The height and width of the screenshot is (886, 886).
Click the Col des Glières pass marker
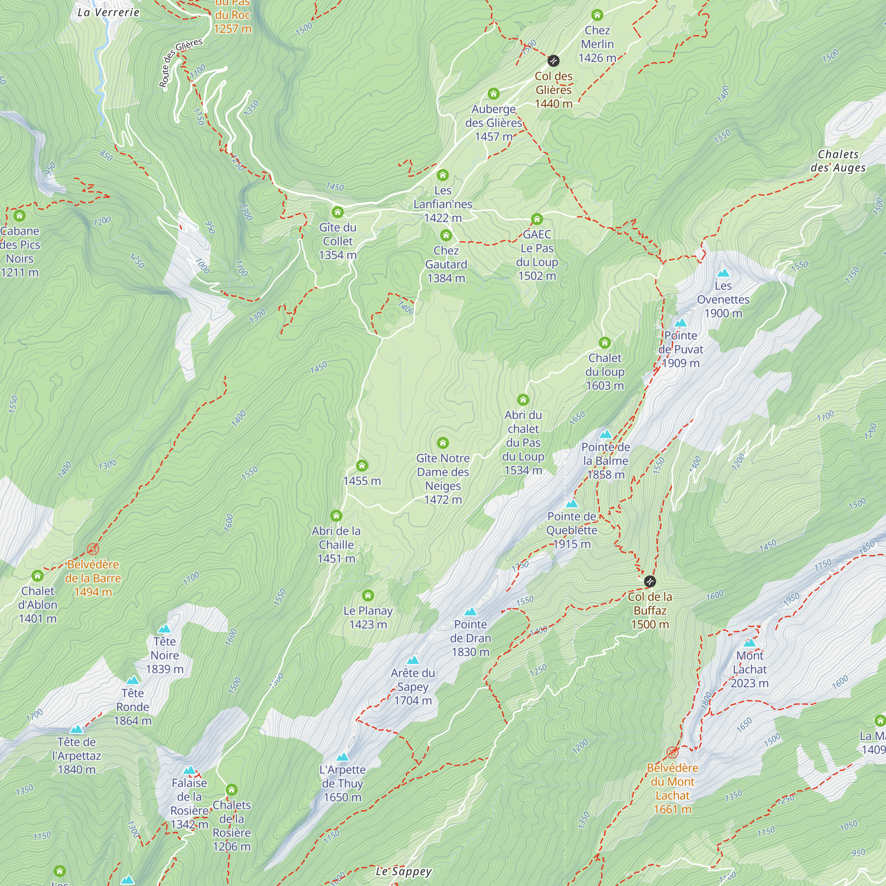(553, 61)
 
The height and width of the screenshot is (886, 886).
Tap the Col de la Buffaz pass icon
(650, 582)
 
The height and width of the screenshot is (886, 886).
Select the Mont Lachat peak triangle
(750, 642)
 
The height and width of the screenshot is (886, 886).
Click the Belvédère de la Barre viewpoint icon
(93, 549)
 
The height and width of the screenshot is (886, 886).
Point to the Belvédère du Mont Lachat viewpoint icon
(672, 753)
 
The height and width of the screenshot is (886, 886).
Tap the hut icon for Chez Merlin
(597, 15)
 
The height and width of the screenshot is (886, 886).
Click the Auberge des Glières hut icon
(494, 94)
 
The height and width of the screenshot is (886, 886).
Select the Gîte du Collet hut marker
(338, 212)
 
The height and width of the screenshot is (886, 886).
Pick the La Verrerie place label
(108, 12)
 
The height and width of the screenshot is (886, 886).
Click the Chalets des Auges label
(838, 161)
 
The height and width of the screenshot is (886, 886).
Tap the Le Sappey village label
(404, 871)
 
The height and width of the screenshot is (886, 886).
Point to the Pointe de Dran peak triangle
(470, 611)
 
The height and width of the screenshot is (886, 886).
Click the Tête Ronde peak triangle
(132, 680)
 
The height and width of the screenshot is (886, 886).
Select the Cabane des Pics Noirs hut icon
(19, 216)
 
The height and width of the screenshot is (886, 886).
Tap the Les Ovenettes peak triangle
(723, 273)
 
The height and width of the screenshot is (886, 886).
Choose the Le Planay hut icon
(368, 595)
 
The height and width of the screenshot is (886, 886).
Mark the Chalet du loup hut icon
(604, 342)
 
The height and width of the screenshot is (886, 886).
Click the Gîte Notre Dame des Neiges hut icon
(443, 443)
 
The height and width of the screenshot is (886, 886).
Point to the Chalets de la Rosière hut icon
(232, 790)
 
